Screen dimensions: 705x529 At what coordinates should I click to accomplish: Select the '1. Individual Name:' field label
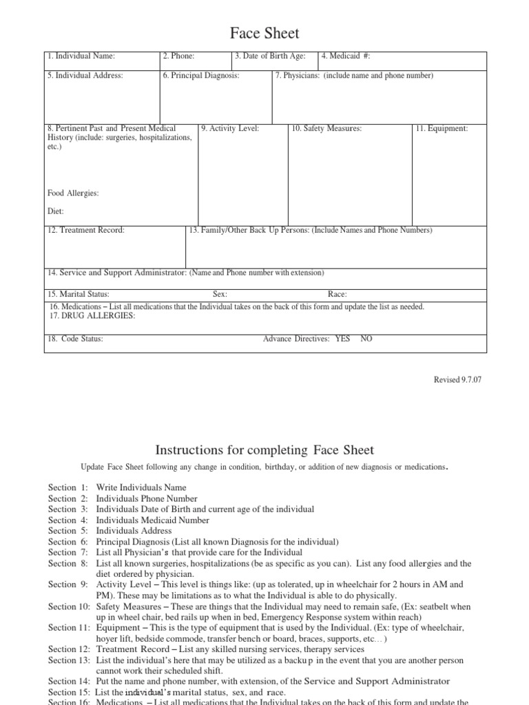[81, 56]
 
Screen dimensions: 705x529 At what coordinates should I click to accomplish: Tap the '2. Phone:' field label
[179, 56]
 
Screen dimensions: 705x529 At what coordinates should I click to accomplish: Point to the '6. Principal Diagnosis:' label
[201, 76]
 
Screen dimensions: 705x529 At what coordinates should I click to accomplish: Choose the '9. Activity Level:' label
[230, 128]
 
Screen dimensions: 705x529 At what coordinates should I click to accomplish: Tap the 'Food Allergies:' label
[73, 193]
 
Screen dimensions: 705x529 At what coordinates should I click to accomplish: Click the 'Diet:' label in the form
[56, 212]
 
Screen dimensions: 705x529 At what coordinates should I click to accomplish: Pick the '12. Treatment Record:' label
[86, 230]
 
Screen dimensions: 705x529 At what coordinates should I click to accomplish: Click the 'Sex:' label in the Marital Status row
[220, 294]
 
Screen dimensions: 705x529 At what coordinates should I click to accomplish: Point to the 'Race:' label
[337, 294]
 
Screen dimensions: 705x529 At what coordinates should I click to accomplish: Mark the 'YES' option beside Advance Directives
[342, 339]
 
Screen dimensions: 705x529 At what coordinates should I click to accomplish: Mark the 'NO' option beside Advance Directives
[366, 339]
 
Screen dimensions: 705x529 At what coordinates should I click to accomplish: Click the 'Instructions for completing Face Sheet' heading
[264, 450]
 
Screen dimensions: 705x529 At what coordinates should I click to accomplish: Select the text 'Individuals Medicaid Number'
[152, 520]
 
